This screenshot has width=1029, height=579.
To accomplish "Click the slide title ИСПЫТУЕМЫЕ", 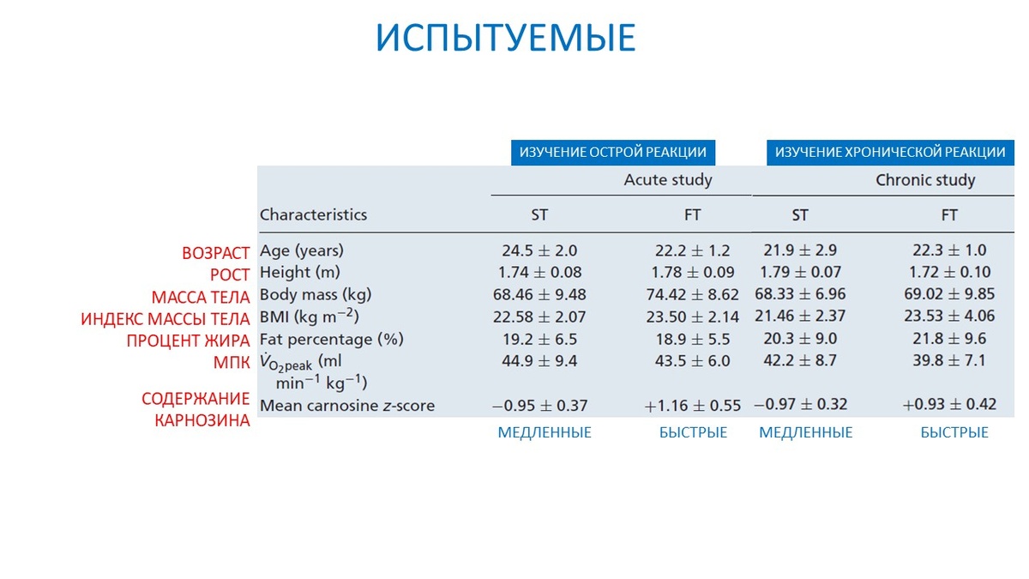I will coord(507,39).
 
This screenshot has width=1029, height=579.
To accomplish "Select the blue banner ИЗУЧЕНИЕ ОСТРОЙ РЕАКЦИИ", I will coord(612,152).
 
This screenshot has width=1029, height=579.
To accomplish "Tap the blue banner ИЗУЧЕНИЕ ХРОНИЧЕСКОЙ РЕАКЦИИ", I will coord(889,152).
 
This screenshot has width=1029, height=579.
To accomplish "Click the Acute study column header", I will coord(668,180).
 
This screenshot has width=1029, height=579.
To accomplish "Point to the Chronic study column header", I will coord(925,180).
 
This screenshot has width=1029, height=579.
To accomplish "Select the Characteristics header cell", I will coord(313,214).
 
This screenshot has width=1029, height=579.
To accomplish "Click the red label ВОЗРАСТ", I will coord(215,254).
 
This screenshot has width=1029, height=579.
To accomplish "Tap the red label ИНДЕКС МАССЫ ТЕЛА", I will coord(165,319).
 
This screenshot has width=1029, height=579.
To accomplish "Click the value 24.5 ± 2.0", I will coord(539,251).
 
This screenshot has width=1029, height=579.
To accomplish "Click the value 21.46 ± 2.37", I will coord(801,317).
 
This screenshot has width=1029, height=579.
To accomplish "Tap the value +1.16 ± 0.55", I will coord(692,405).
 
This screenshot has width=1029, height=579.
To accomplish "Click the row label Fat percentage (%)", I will coord(331,339).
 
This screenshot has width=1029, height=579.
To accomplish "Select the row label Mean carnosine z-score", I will coord(347,406).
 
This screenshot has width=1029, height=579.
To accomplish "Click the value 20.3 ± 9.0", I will coord(800,339).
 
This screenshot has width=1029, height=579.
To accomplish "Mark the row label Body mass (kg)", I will coord(316,295).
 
